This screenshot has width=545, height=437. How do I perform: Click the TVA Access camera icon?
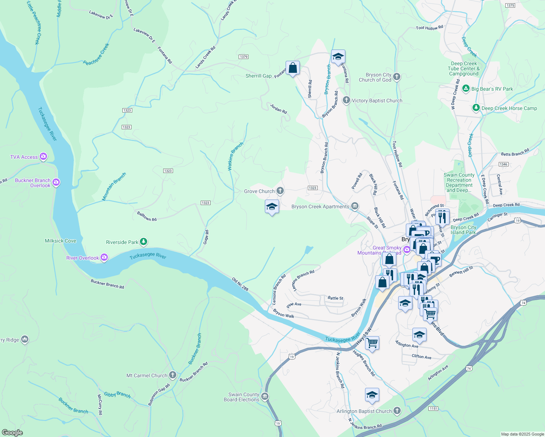[43, 157]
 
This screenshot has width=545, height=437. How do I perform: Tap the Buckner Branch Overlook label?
[33, 183]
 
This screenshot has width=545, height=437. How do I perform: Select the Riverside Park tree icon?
[144, 242]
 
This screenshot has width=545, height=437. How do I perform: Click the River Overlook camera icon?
[104, 257]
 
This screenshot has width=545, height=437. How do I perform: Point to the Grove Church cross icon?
[280, 191]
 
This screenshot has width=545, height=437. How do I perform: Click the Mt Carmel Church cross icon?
[173, 375]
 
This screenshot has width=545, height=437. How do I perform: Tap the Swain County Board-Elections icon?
[265, 397]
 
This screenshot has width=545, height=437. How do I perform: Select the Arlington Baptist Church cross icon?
[397, 411]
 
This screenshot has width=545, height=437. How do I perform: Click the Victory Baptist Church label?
[377, 101]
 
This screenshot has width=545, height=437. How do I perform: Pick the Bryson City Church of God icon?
[397, 77]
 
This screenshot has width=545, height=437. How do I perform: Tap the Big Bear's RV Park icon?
[466, 88]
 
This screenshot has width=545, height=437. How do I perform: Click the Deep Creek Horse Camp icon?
[476, 108]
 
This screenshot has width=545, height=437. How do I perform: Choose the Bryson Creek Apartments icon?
[354, 206]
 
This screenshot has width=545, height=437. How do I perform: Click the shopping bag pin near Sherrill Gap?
[293, 68]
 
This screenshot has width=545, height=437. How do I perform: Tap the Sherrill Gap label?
[258, 76]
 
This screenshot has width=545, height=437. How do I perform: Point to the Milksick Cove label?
[60, 241]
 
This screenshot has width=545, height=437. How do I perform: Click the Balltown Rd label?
[147, 216]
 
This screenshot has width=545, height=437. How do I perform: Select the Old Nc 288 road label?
[240, 284]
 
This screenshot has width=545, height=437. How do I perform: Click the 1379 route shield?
[243, 57]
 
